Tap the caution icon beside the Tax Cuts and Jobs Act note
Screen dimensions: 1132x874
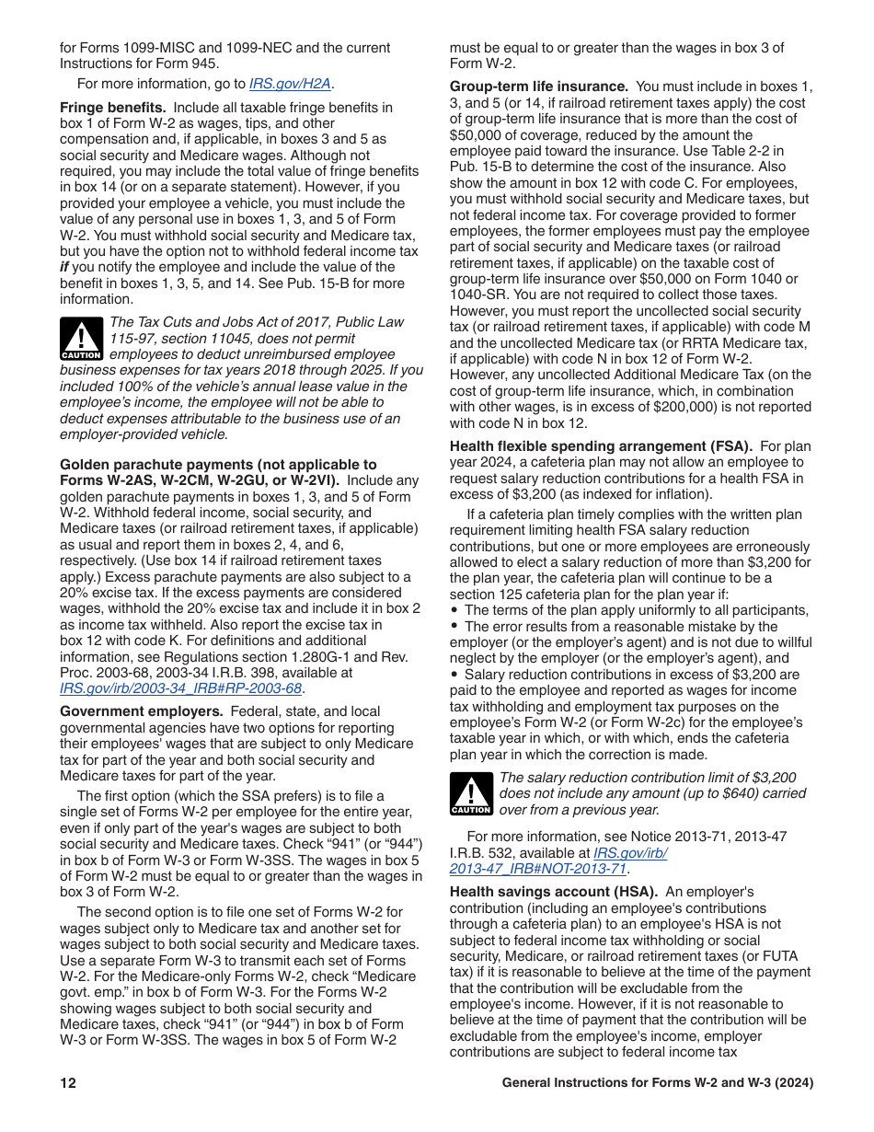click(x=81, y=338)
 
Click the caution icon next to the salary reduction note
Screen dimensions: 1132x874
click(x=471, y=793)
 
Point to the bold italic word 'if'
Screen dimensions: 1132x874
click(x=65, y=267)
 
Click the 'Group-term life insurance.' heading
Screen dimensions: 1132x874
click(x=538, y=87)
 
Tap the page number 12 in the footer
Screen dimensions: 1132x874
click(x=68, y=1083)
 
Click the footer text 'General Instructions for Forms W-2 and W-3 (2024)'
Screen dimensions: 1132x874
click(x=657, y=1083)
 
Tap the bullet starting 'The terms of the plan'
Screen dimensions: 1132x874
click(x=635, y=610)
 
